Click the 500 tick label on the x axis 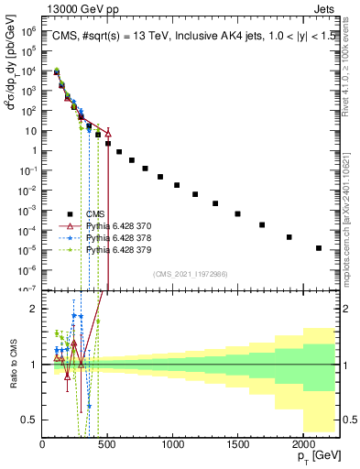point(107,445)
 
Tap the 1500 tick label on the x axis point(238,445)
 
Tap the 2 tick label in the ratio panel point(35,309)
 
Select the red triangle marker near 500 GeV point(108,133)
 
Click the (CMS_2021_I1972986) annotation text point(191,274)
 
